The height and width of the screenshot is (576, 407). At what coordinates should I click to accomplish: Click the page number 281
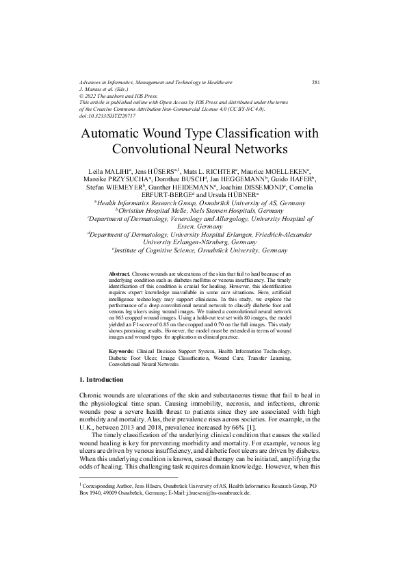point(316,82)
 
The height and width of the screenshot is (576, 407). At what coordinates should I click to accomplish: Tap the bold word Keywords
point(122,351)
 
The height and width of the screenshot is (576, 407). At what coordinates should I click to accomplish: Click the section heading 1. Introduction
point(102,380)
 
